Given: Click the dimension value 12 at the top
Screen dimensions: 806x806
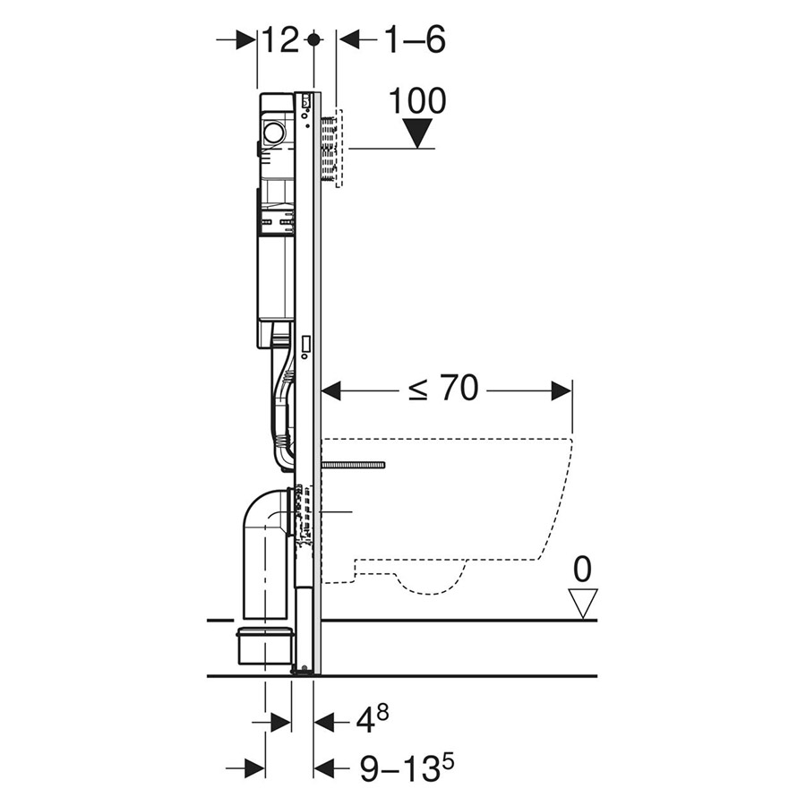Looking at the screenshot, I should [x=280, y=39].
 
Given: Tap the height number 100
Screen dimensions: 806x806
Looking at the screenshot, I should [x=416, y=101].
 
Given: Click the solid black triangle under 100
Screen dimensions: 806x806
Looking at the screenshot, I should [x=416, y=133].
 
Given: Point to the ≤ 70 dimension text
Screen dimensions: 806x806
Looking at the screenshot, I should [x=443, y=390].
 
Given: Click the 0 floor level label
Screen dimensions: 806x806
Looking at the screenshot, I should [x=583, y=570].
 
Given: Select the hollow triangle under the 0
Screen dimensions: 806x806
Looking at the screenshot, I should [x=583, y=603].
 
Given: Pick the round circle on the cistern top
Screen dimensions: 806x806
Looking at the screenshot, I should [x=273, y=134].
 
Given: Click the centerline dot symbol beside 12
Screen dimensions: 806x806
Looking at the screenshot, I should [x=313, y=39].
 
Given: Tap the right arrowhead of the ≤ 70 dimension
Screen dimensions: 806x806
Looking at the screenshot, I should [x=562, y=390].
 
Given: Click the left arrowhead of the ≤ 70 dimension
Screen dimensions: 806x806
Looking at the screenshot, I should [x=330, y=390].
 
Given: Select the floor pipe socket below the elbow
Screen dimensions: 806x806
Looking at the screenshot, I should [x=265, y=644].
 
